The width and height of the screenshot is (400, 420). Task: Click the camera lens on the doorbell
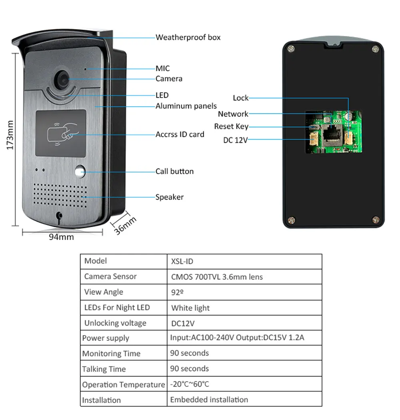click(63, 79)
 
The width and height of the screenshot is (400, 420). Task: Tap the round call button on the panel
click(80, 172)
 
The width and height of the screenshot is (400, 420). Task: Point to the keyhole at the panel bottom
click(60, 216)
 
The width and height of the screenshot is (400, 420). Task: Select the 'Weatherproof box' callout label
click(188, 38)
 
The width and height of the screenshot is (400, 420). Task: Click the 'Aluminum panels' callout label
click(186, 106)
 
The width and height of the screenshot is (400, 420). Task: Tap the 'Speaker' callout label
click(170, 197)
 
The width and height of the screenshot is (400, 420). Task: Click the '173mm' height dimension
click(10, 135)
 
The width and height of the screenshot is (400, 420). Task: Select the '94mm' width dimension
click(61, 237)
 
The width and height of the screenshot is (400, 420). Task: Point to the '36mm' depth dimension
click(126, 226)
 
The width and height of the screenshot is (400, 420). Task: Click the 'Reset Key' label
click(231, 127)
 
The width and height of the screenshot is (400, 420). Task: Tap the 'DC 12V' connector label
click(235, 140)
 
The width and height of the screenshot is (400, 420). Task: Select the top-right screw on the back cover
click(375, 49)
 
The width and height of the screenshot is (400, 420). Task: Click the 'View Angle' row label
click(104, 292)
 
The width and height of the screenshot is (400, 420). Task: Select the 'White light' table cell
click(190, 308)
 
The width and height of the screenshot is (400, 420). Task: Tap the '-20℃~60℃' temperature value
click(190, 384)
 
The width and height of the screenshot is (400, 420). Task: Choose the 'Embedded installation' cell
click(209, 400)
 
